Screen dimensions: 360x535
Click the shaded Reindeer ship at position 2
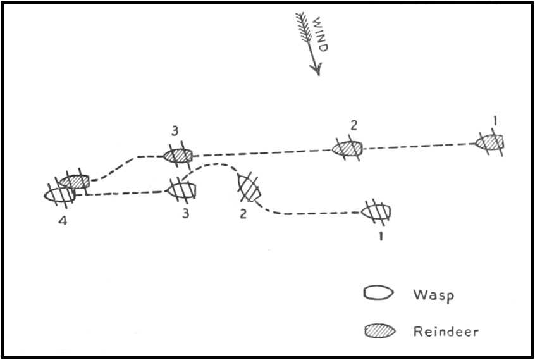click(x=347, y=149)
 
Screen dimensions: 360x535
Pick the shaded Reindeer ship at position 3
click(x=178, y=155)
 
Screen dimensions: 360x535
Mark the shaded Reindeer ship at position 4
click(x=74, y=182)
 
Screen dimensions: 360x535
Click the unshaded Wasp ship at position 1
click(x=377, y=211)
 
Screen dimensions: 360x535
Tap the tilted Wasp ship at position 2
click(x=249, y=187)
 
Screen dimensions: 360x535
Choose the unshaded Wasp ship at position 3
click(x=181, y=189)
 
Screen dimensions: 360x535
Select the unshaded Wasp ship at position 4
click(x=60, y=195)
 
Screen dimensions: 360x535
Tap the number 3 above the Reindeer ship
click(x=174, y=132)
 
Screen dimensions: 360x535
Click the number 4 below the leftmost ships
click(x=61, y=223)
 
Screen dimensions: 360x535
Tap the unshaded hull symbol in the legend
click(x=379, y=293)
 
